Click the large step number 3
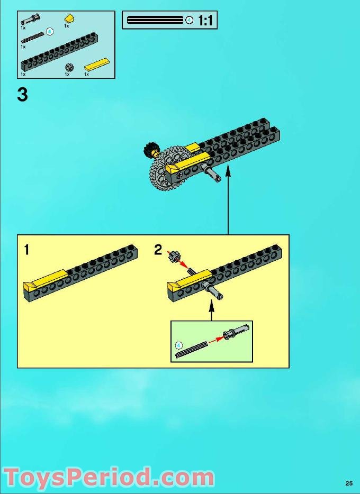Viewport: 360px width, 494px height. click(22, 95)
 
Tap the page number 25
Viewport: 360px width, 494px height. click(348, 482)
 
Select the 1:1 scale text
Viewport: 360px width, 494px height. click(206, 21)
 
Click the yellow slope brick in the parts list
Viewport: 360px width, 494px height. click(69, 19)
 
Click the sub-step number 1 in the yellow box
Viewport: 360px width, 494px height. click(26, 250)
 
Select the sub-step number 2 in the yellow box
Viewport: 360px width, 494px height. click(158, 250)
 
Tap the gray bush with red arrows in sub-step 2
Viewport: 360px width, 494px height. click(173, 257)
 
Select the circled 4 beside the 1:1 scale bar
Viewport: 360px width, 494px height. click(190, 21)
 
